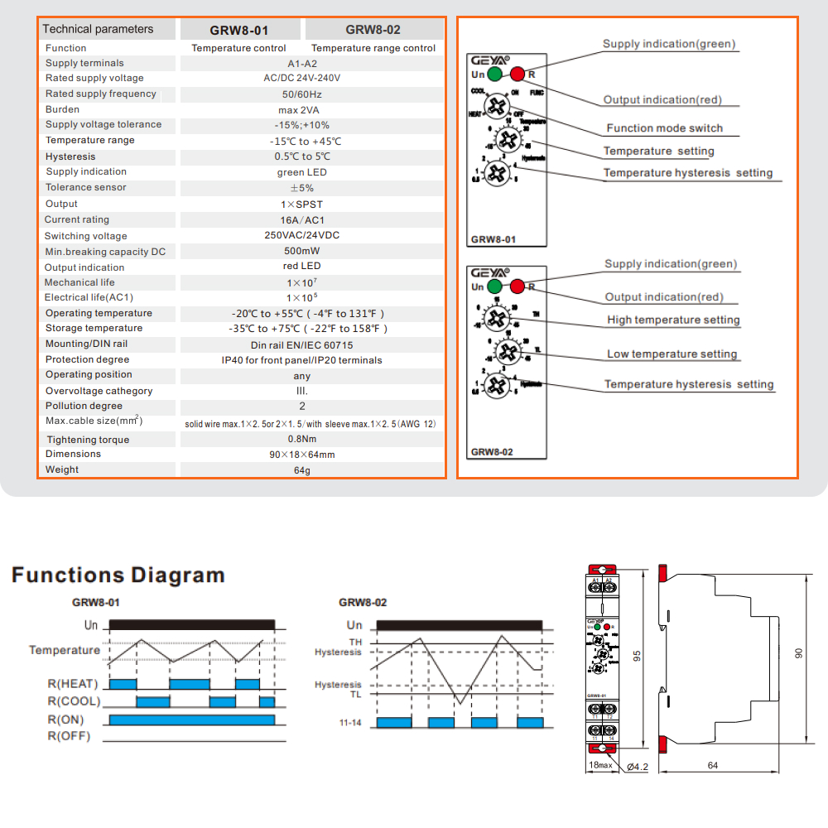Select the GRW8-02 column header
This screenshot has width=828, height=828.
tap(373, 30)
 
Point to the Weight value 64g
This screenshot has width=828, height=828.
tap(301, 469)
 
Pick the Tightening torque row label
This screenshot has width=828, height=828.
tap(88, 440)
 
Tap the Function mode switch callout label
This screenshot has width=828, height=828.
tap(664, 128)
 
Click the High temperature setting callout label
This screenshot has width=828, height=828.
tap(673, 320)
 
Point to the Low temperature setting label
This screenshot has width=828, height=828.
tap(672, 354)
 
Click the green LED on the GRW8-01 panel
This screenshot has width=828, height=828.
tap(494, 75)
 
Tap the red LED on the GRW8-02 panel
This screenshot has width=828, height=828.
tap(517, 287)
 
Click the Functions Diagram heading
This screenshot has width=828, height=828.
tap(118, 575)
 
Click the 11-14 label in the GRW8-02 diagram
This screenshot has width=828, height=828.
tap(350, 723)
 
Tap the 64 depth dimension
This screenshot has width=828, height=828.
tap(712, 765)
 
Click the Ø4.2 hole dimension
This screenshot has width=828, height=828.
tap(637, 767)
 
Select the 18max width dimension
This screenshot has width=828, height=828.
tap(599, 765)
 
